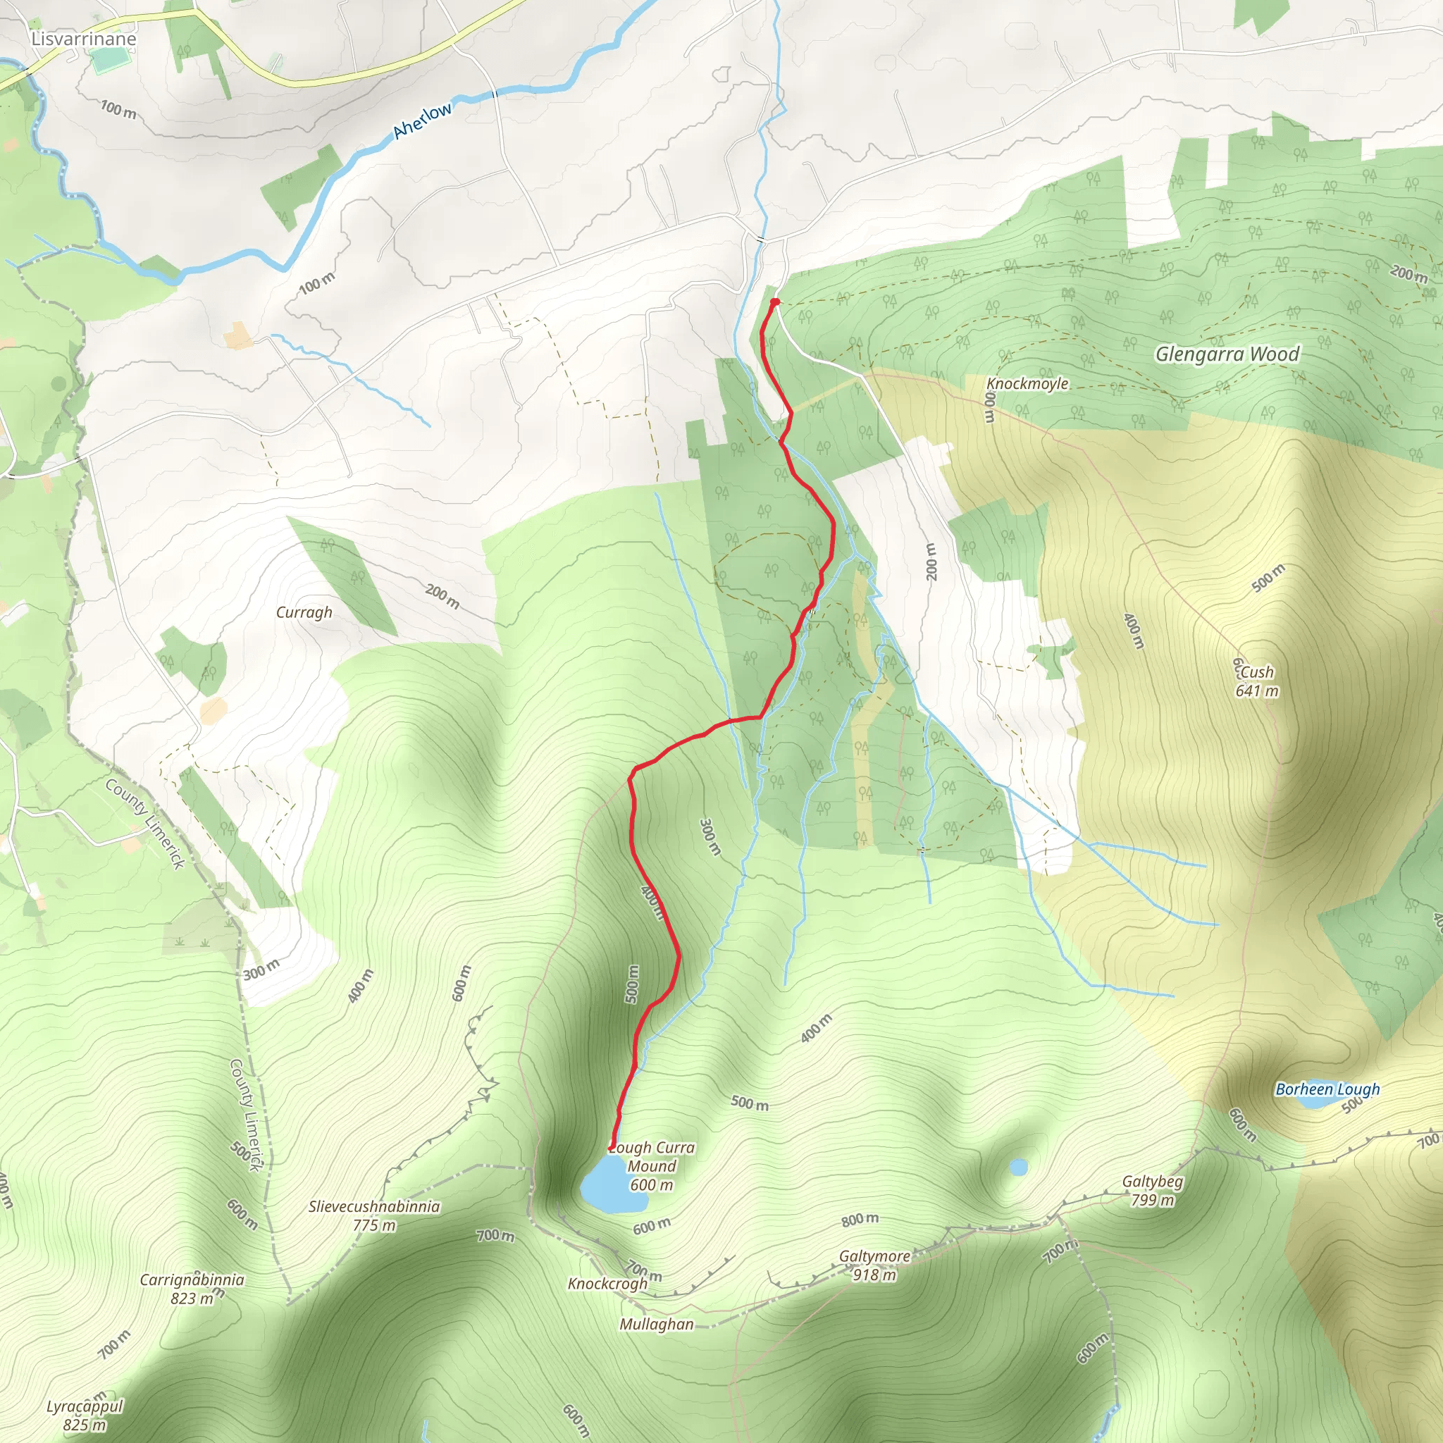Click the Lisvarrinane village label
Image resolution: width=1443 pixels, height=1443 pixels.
[x=84, y=39]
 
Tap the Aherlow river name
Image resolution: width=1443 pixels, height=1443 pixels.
[x=423, y=120]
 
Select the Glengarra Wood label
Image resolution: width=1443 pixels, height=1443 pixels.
[x=1227, y=354]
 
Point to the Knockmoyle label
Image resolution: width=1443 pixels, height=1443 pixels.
[x=1027, y=384]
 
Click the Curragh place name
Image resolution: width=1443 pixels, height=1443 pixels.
[x=304, y=612]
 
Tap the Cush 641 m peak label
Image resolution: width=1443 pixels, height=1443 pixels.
[x=1257, y=681]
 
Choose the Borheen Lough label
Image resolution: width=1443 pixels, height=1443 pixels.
[x=1327, y=1089]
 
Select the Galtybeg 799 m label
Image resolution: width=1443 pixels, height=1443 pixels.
[x=1153, y=1191]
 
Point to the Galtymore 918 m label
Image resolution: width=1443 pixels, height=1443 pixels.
[x=874, y=1265]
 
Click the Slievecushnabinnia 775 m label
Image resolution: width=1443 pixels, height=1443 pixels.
[x=374, y=1216]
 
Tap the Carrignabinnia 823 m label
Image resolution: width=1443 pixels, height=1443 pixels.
[x=192, y=1289]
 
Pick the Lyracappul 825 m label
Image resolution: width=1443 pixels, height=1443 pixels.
[x=85, y=1416]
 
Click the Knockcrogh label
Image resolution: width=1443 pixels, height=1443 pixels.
[x=607, y=1283]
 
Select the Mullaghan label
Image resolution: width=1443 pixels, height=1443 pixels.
[x=656, y=1324]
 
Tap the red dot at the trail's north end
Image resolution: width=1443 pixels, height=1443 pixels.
[x=775, y=302]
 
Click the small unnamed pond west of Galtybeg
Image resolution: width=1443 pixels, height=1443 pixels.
[x=1018, y=1167]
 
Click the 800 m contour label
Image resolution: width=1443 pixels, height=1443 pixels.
[x=860, y=1220]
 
